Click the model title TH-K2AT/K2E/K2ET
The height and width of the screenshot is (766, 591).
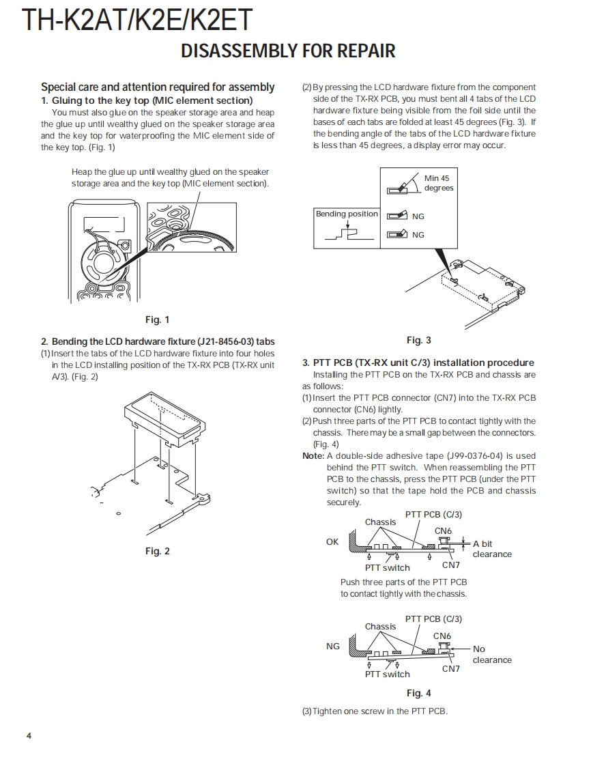[x=137, y=20]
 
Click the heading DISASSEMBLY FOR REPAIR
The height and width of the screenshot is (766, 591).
[x=288, y=51]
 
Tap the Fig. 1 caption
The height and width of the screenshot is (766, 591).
[x=157, y=320]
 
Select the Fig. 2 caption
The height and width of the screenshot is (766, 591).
[x=157, y=551]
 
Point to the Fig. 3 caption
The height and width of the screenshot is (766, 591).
[x=418, y=340]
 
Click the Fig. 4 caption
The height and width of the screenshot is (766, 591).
[x=418, y=693]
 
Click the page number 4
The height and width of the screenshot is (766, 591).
[x=29, y=735]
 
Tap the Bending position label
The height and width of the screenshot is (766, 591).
[x=346, y=214]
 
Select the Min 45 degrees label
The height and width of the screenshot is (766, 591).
[x=438, y=183]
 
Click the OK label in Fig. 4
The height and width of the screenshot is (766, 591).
[x=332, y=542]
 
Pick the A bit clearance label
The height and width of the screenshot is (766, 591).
[x=491, y=549]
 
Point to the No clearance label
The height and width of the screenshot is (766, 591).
[x=491, y=654]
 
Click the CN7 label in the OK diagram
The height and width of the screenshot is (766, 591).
[x=451, y=565]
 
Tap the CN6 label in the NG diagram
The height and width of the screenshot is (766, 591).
[x=442, y=636]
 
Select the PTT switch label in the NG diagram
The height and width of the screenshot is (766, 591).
[x=387, y=675]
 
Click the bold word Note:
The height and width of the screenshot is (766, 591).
[x=313, y=456]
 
